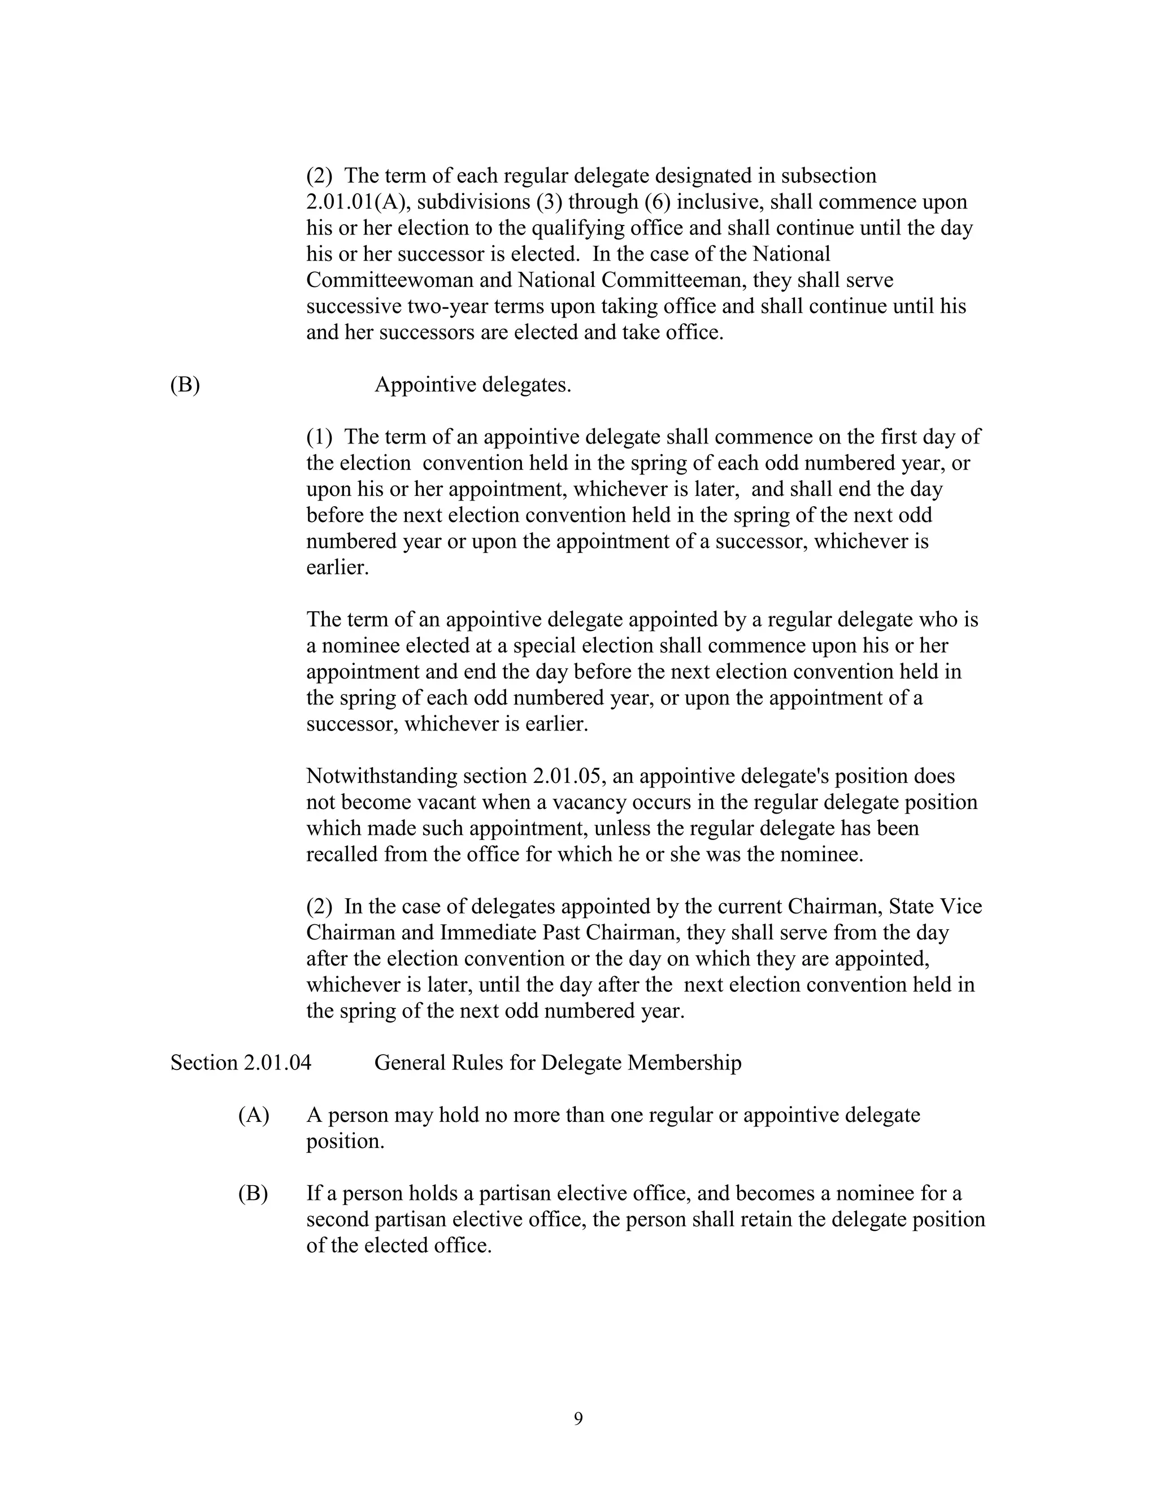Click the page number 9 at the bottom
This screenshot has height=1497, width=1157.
point(578,1418)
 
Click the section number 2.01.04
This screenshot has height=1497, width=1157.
point(277,1063)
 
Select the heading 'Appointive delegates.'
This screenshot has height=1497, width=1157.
point(472,385)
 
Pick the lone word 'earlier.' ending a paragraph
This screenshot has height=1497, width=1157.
point(337,568)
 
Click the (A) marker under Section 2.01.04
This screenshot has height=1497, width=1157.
point(253,1115)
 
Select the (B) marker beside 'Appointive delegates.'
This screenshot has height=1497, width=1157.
point(185,385)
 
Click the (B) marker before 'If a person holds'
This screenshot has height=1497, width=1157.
point(253,1193)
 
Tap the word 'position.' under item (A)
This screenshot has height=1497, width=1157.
point(345,1141)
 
